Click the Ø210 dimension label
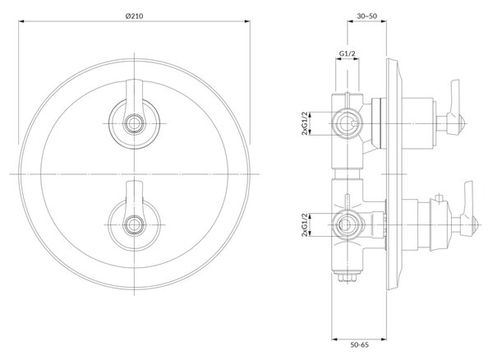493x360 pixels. click(x=134, y=16)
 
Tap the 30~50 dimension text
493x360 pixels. click(x=367, y=16)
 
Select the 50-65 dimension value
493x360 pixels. click(x=359, y=345)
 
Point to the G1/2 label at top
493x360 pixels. click(x=347, y=53)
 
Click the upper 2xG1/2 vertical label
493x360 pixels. click(x=304, y=123)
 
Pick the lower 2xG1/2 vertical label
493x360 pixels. click(x=304, y=225)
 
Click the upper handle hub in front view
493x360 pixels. click(x=135, y=123)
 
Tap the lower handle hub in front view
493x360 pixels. click(x=135, y=225)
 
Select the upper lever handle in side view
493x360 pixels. click(x=454, y=107)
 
